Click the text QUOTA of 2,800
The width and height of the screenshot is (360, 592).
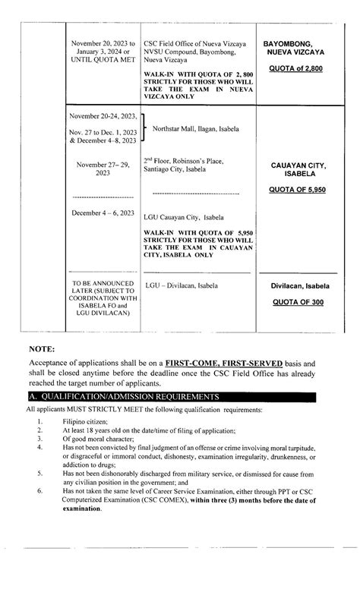pos(298,69)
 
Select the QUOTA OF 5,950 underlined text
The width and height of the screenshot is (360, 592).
pos(298,190)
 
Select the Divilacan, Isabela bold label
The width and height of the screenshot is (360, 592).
pos(298,287)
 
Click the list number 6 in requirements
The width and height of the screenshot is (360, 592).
pos(39,491)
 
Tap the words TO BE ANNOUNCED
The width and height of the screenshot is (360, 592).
pos(102,282)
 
